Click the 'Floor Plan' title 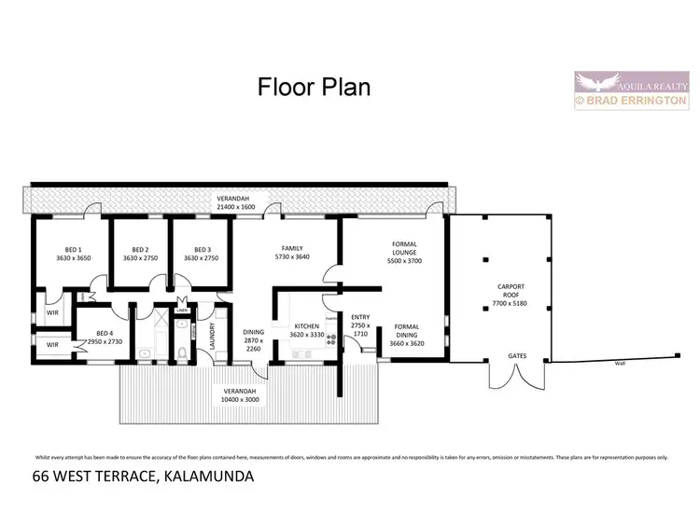(x=314, y=87)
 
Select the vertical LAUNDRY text (x=215, y=335)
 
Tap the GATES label (x=516, y=355)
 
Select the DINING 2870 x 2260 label (x=254, y=340)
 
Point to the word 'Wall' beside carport (x=619, y=364)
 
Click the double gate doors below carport (x=515, y=375)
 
